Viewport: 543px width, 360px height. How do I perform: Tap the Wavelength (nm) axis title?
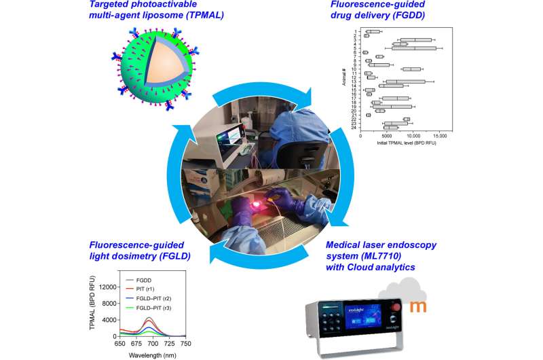[154, 354]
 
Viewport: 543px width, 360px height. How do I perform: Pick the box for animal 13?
[406, 82]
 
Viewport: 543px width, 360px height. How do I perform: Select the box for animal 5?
[414, 48]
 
